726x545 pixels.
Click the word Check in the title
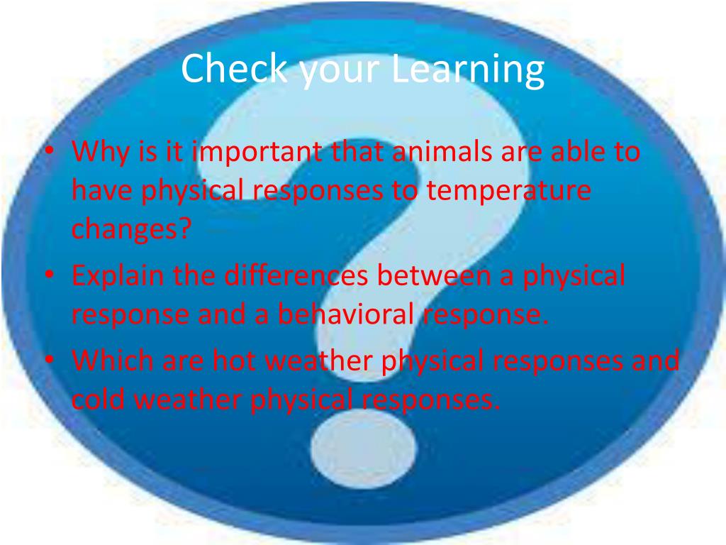tap(233, 69)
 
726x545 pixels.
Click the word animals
tap(445, 152)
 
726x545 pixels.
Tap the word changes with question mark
tap(131, 231)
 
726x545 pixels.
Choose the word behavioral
tap(345, 314)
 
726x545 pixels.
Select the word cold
tap(99, 400)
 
